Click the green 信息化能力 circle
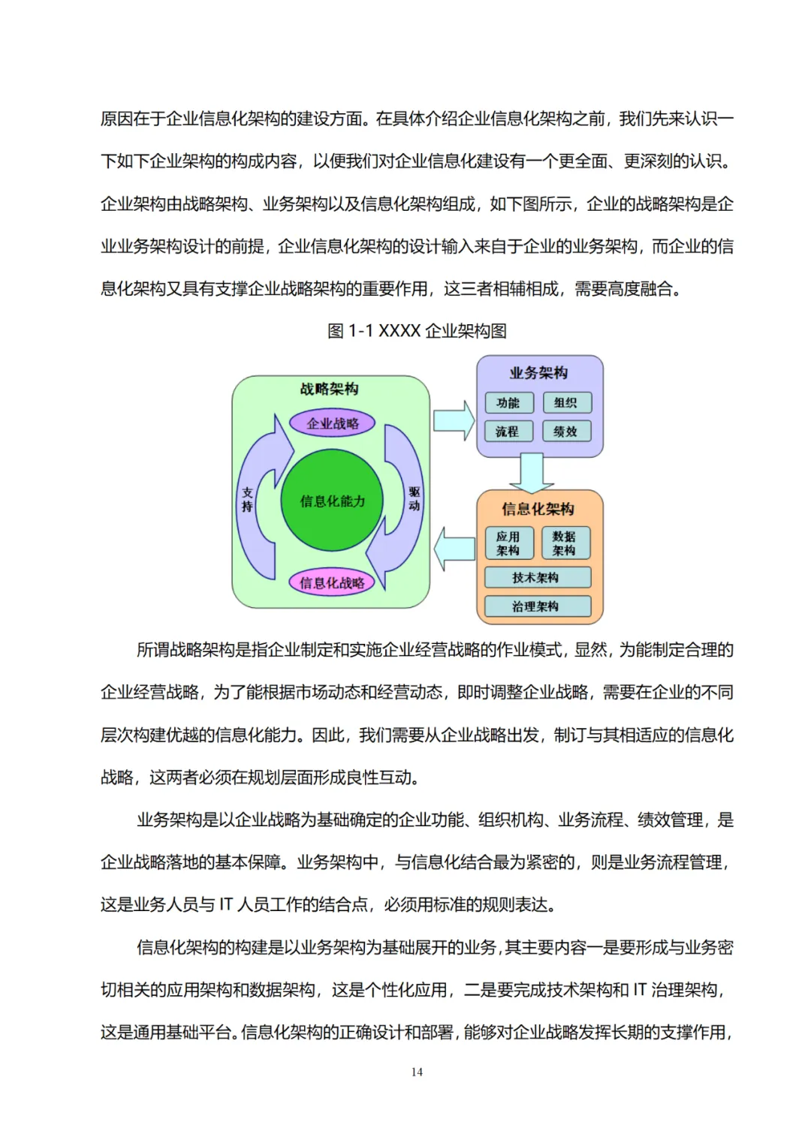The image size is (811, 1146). (x=332, y=501)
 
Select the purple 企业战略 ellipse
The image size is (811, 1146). (x=332, y=423)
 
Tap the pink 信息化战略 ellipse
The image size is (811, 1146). (x=332, y=582)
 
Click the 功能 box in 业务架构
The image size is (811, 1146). (x=508, y=403)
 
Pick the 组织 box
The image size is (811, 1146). (x=566, y=403)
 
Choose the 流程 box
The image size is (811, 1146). (x=508, y=432)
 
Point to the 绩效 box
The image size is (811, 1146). (x=566, y=432)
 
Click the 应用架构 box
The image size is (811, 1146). (x=508, y=543)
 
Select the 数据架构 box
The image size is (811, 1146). (x=565, y=543)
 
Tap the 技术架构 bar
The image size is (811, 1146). (x=536, y=578)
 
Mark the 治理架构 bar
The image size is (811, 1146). (x=536, y=606)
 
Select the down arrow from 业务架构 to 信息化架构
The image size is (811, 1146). (x=532, y=473)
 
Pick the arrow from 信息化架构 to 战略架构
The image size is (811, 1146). (x=454, y=549)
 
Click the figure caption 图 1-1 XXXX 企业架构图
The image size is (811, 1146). (x=417, y=331)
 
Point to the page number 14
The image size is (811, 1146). (x=417, y=1072)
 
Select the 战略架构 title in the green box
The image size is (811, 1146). (x=330, y=389)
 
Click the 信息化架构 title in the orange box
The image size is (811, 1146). (x=538, y=510)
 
